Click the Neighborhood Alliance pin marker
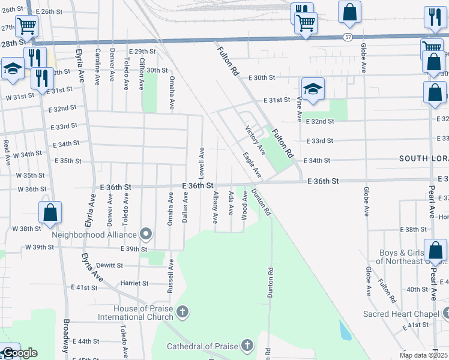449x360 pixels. pyautogui.click(x=146, y=233)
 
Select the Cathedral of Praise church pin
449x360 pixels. pyautogui.click(x=247, y=345)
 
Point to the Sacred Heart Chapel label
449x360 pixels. pyautogui.click(x=402, y=314)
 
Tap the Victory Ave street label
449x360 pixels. pyautogui.click(x=255, y=140)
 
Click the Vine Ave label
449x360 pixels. pyautogui.click(x=299, y=109)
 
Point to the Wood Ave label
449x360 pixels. pyautogui.click(x=245, y=205)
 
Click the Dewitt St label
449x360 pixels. pyautogui.click(x=109, y=265)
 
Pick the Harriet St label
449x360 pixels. pyautogui.click(x=134, y=283)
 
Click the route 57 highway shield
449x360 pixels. pyautogui.click(x=348, y=37)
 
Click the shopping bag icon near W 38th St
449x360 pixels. pyautogui.click(x=50, y=212)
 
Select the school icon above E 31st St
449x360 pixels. pyautogui.click(x=313, y=89)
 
